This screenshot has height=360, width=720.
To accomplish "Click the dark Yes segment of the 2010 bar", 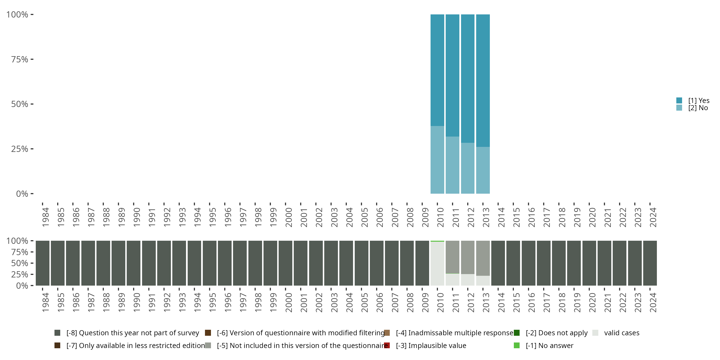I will (x=437, y=70).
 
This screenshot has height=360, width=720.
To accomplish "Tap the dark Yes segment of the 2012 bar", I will (x=468, y=78).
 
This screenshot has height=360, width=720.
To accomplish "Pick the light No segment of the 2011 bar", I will (x=452, y=165).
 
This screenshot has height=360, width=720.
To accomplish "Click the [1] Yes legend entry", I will (x=698, y=101).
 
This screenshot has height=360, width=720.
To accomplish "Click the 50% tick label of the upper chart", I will (x=20, y=104).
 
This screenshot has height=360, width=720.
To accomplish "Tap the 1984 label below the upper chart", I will (x=46, y=217).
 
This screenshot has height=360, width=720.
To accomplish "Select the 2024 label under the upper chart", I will (x=653, y=217).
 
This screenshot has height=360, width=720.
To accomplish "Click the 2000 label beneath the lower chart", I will (x=288, y=302).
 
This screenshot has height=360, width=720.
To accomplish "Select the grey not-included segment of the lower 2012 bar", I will (x=468, y=257).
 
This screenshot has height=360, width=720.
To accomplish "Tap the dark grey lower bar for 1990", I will (x=134, y=263).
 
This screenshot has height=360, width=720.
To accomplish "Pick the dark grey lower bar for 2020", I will (x=589, y=263).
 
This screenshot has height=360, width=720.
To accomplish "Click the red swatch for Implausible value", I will (x=387, y=345).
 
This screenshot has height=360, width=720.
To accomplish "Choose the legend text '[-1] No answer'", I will (x=549, y=345).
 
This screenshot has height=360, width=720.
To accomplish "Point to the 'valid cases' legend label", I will (x=622, y=333).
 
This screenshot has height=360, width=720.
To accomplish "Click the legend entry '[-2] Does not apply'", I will (x=557, y=333).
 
